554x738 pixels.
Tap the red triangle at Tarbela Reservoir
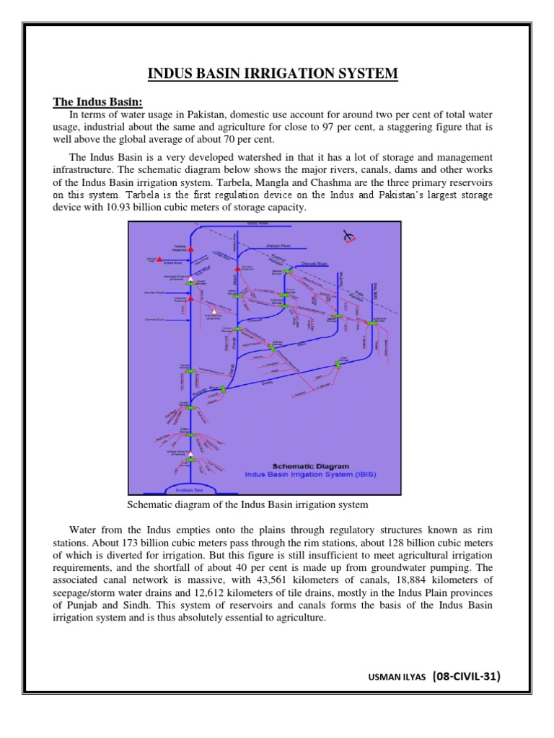click(x=190, y=248)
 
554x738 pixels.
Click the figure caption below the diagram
click(x=247, y=504)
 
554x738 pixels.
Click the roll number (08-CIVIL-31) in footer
click(x=465, y=676)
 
